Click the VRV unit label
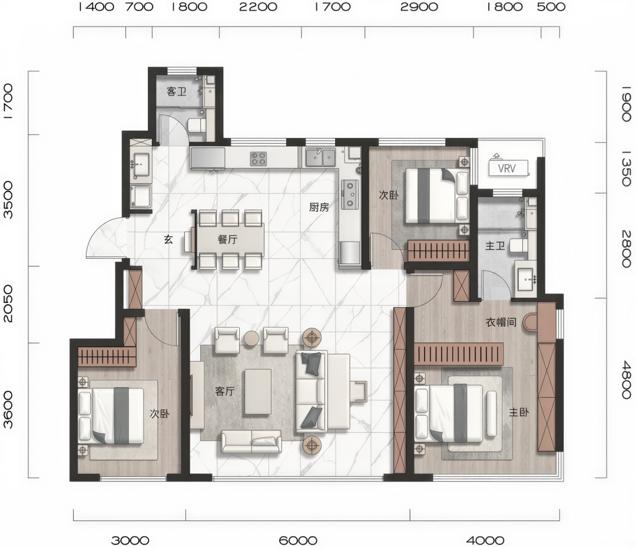pyautogui.click(x=506, y=168)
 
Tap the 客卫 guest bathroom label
pyautogui.click(x=177, y=91)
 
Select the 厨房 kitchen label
pyautogui.click(x=319, y=207)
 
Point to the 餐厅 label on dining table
pyautogui.click(x=227, y=239)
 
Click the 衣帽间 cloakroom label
pyautogui.click(x=501, y=322)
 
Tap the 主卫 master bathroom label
pyautogui.click(x=495, y=246)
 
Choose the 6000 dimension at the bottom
pyautogui.click(x=298, y=541)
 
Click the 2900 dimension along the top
pyautogui.click(x=419, y=7)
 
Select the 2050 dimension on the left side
pyautogui.click(x=8, y=304)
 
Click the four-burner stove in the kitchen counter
pyautogui.click(x=259, y=158)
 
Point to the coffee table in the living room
pyautogui.click(x=258, y=392)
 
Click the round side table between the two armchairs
pyautogui.click(x=251, y=338)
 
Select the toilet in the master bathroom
pyautogui.click(x=519, y=246)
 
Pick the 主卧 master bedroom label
pyautogui.click(x=519, y=412)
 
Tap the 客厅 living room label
pyautogui.click(x=225, y=391)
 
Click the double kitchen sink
pyautogui.click(x=320, y=157)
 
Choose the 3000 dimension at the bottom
pyautogui.click(x=130, y=541)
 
